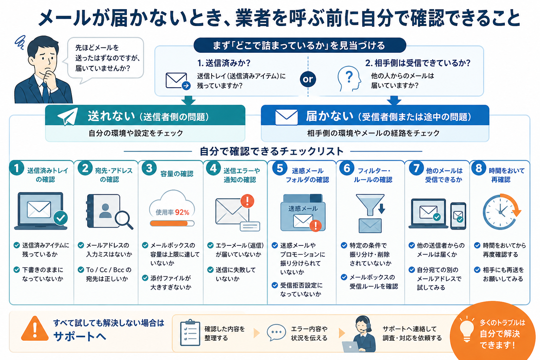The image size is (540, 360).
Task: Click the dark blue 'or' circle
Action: (x=308, y=79)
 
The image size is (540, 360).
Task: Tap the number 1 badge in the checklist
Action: (x=17, y=168)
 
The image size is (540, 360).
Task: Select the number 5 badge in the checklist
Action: (x=279, y=168)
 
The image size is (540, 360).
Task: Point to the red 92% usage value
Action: (x=182, y=212)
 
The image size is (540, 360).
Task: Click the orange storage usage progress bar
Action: (x=172, y=224)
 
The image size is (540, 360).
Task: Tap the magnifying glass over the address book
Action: (x=124, y=220)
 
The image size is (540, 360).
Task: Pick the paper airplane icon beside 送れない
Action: (x=68, y=116)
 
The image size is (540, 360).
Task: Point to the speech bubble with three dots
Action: (x=276, y=332)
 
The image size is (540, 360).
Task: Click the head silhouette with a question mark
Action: (x=349, y=79)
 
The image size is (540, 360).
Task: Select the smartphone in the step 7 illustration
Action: (x=458, y=216)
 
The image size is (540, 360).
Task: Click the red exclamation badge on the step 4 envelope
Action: (x=247, y=201)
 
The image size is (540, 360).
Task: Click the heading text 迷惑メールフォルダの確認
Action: (x=307, y=175)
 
